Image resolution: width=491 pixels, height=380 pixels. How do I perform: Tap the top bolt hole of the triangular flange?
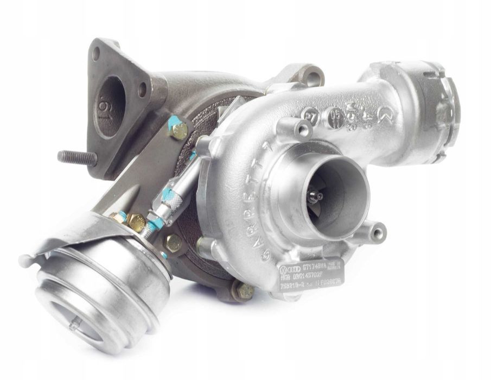coord(96,53)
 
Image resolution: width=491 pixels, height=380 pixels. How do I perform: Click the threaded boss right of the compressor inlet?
coord(375,232)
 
